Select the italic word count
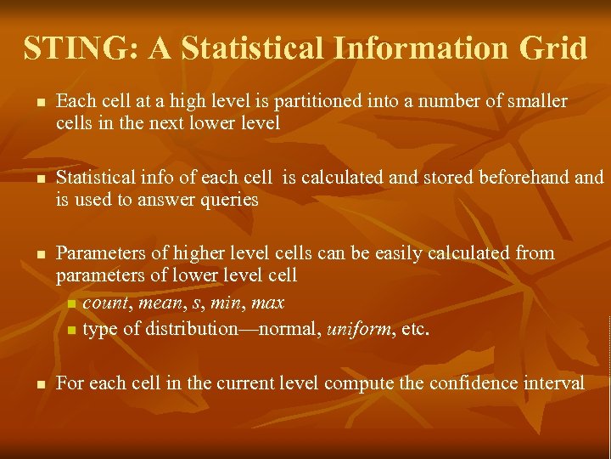point(105,303)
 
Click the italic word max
point(268,303)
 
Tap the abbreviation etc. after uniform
point(414,329)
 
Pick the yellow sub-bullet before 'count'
point(71,304)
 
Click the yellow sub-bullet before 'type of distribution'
point(71,330)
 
